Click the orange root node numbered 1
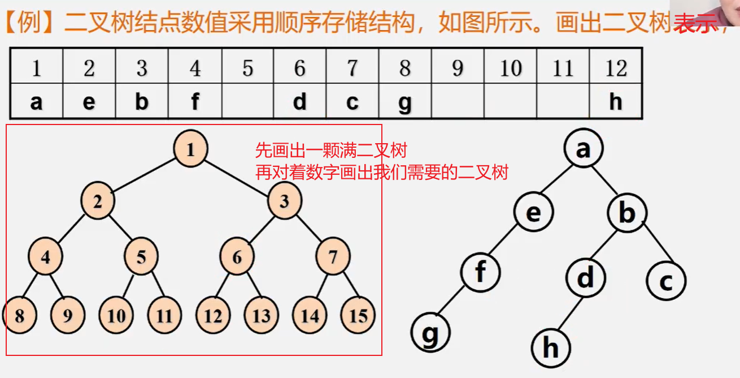pyautogui.click(x=190, y=150)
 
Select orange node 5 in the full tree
pyautogui.click(x=141, y=257)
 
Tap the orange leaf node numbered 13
pyautogui.click(x=262, y=315)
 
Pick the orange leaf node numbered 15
pyautogui.click(x=358, y=315)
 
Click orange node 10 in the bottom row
pyautogui.click(x=116, y=315)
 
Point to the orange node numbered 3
pyautogui.click(x=285, y=201)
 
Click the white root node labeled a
pyautogui.click(x=583, y=149)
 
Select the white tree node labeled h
pyautogui.click(x=551, y=348)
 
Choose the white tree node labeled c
pyautogui.click(x=667, y=281)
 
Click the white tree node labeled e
pyautogui.click(x=533, y=213)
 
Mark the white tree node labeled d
pyautogui.click(x=586, y=277)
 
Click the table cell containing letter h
pyautogui.click(x=616, y=102)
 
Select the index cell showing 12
pyautogui.click(x=616, y=68)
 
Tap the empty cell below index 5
pyautogui.click(x=247, y=102)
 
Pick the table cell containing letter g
pyautogui.click(x=404, y=102)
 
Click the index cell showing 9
pyautogui.click(x=458, y=68)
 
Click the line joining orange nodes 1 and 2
pyautogui.click(x=144, y=175)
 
